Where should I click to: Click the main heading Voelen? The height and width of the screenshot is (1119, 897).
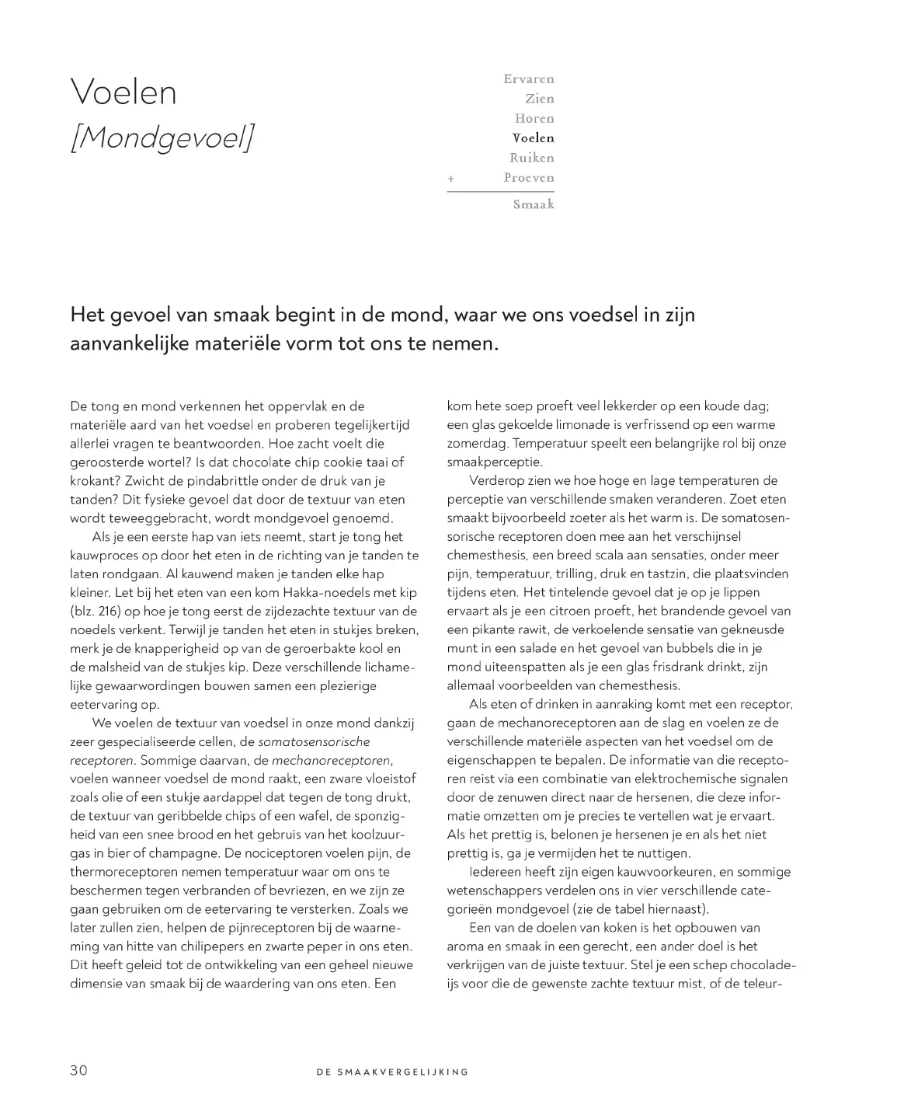(123, 92)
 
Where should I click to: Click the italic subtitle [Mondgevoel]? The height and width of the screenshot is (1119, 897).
(162, 138)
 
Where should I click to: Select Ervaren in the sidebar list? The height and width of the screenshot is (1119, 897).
(528, 78)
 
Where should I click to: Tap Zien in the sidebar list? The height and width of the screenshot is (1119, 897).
(539, 99)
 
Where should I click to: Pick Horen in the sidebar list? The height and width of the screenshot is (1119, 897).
(534, 118)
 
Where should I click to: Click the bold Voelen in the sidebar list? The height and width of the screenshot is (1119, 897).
(533, 138)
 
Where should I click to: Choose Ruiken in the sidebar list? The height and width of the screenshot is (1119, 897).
(531, 158)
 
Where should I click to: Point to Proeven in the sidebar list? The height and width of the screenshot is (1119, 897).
(528, 178)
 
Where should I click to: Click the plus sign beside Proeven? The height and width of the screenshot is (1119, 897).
(450, 179)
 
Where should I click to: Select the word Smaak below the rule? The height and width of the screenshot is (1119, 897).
(533, 204)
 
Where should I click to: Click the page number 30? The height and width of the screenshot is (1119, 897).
(78, 1070)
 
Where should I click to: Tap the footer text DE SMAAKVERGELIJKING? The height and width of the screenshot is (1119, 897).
(392, 1072)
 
